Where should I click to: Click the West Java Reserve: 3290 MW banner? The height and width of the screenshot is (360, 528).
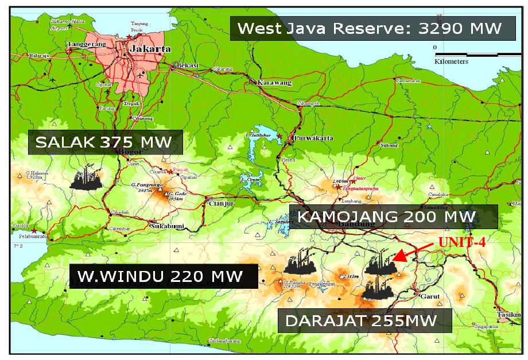[370, 28]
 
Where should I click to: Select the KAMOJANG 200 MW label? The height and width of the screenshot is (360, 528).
[386, 217]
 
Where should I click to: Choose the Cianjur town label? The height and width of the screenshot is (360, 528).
[222, 203]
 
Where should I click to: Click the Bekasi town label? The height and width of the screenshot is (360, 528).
[188, 65]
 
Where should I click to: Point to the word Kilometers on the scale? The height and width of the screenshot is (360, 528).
[452, 61]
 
